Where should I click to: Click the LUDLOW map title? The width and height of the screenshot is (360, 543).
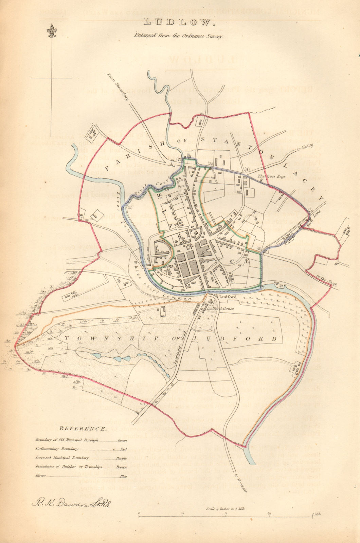coord(179,22)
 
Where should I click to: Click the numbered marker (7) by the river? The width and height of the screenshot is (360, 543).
coord(263,288)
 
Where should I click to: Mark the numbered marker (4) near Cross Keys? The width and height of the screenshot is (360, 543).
coord(247,169)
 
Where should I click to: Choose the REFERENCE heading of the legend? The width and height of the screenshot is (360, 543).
coord(83,429)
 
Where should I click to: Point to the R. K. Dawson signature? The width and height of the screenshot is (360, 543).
coord(72,503)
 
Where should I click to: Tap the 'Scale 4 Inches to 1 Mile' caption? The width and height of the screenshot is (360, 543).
coord(226,509)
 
